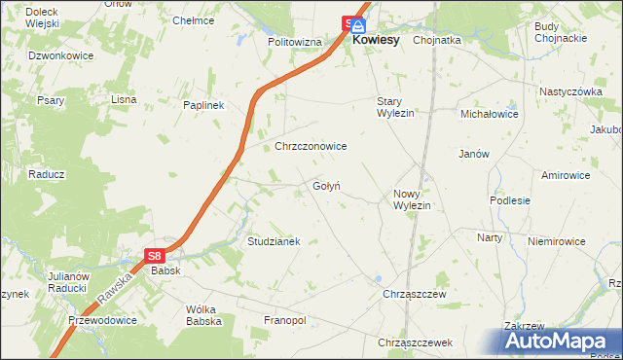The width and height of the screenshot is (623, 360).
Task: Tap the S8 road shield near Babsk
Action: click(155, 255)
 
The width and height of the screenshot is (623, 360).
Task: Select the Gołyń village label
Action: click(326, 186)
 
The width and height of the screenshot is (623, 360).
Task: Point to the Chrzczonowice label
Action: click(311, 146)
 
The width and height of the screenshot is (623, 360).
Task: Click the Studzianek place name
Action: click(274, 240)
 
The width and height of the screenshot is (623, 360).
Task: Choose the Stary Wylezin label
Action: click(396, 107)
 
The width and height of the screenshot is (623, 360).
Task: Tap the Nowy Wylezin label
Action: click(412, 199)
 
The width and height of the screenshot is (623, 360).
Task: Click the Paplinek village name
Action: click(204, 105)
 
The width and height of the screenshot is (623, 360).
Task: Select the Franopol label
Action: click(285, 319)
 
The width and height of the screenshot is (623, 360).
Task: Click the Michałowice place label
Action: click(490, 114)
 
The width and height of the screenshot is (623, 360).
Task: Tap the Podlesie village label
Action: click(510, 200)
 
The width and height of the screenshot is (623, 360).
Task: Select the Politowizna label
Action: click(295, 43)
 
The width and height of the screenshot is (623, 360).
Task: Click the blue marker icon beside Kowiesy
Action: click(358, 26)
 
